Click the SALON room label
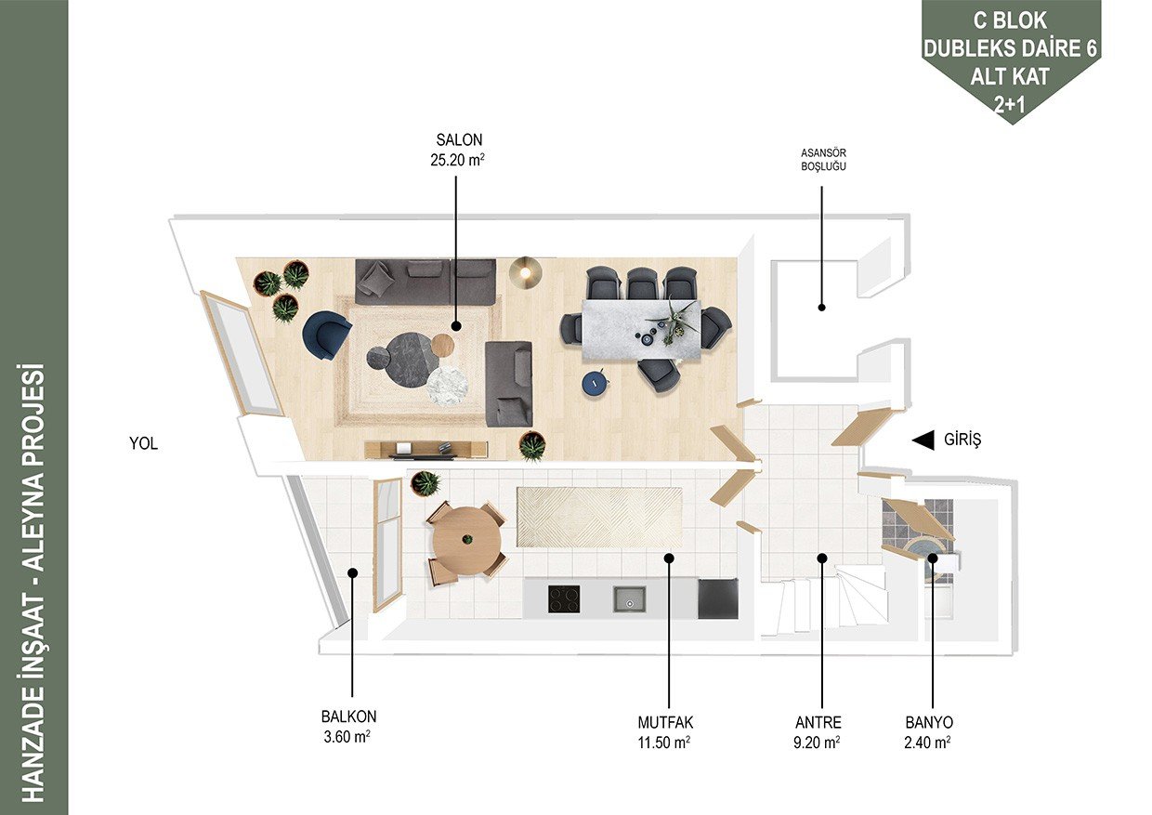459,140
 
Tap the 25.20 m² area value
458,160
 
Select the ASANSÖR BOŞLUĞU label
823,160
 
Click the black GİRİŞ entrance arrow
923,440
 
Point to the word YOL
143,443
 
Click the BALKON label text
348,716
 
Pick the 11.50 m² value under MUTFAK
664,743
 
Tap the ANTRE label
818,722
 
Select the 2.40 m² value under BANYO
927,743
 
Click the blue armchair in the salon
326,334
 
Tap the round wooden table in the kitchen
466,540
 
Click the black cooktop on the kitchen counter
564,599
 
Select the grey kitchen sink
630,599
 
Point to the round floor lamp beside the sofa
525,271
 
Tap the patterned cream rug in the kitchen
599,518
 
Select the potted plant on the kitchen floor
425,483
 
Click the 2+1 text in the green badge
1010,105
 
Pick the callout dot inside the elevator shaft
821,308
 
